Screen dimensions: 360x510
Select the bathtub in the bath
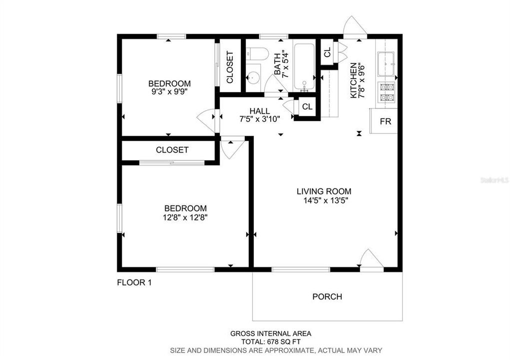click(304, 66)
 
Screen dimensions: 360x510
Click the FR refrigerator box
click(385, 121)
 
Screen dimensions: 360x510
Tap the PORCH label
click(327, 296)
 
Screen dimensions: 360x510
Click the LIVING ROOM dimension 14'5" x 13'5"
click(324, 200)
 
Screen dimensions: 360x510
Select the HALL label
click(259, 110)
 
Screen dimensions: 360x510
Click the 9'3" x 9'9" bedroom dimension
click(169, 92)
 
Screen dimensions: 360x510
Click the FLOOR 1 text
click(134, 282)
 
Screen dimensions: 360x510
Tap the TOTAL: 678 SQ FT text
click(271, 342)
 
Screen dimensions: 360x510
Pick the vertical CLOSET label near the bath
click(230, 67)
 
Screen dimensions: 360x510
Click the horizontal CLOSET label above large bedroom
click(172, 150)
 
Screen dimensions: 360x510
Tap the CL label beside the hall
click(307, 107)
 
